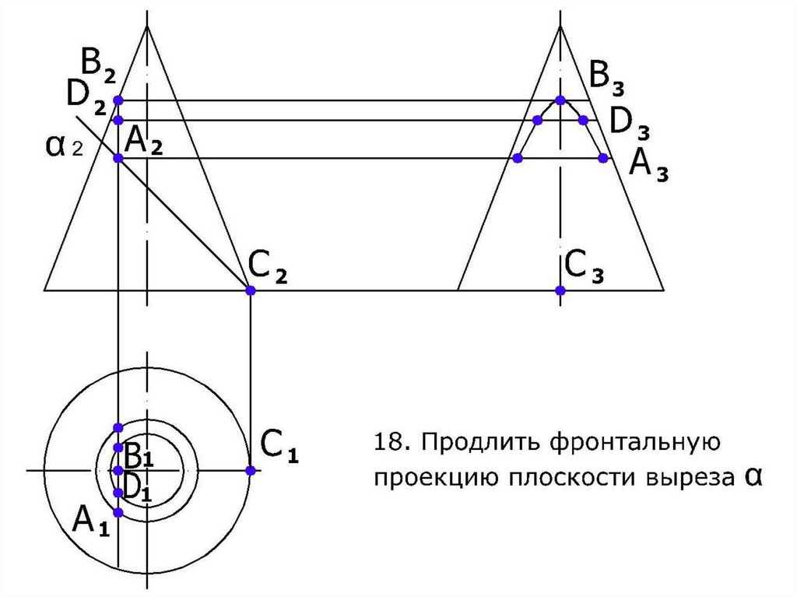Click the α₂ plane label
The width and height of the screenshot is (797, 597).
click(x=64, y=147)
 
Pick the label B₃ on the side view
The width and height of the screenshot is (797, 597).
click(x=606, y=77)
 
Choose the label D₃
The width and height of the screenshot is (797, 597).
click(x=629, y=122)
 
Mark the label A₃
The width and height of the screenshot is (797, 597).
click(x=648, y=164)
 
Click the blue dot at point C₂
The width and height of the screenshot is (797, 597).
click(x=251, y=290)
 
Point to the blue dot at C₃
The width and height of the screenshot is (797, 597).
click(x=560, y=290)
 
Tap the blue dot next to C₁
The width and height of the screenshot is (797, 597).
click(x=251, y=470)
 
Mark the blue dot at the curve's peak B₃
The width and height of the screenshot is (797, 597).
click(x=560, y=100)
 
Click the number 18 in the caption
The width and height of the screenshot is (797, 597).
click(x=387, y=443)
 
